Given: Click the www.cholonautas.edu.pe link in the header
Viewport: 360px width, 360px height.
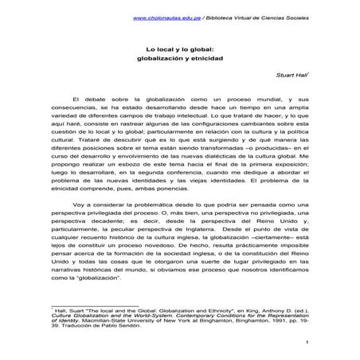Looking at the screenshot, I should [162, 18].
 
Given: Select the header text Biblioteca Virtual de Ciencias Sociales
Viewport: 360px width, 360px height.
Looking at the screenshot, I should [252, 18].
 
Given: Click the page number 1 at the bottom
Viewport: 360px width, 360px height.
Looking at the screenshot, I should [307, 343].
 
